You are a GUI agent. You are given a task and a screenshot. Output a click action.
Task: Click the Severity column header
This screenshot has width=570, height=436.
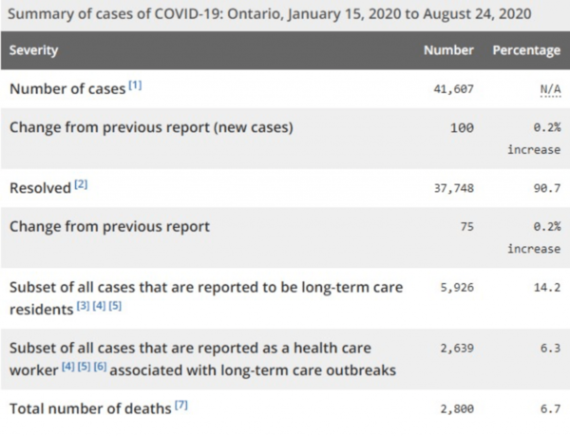click(34, 49)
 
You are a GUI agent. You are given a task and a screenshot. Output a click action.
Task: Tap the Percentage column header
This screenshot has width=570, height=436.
click(525, 49)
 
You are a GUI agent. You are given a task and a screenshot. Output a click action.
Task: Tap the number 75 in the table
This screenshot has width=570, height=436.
click(465, 228)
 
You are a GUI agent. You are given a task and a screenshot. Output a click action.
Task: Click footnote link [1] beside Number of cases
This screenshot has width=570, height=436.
click(135, 85)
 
